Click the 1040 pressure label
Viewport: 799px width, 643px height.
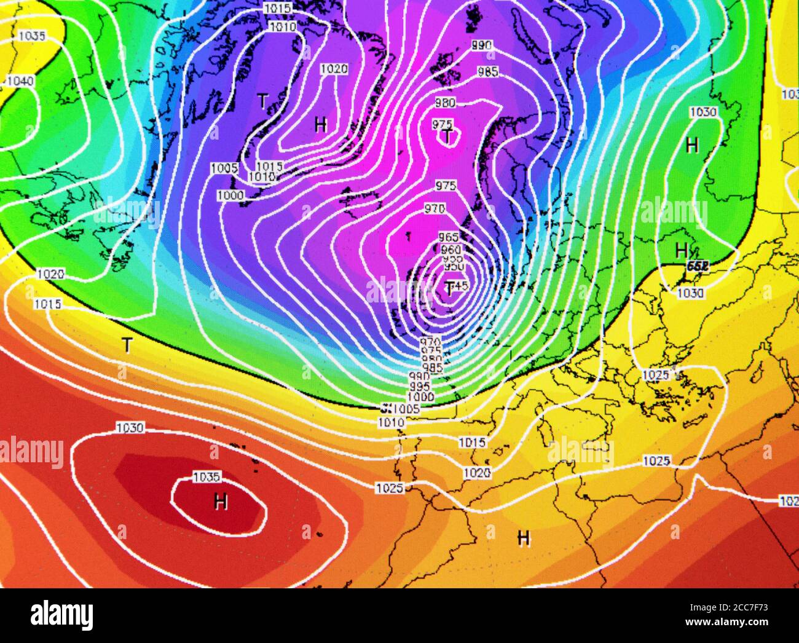coord(20,81)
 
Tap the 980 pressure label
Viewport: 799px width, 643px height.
coord(445,103)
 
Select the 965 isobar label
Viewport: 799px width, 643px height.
coord(449,237)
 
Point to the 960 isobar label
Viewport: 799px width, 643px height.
coord(451,250)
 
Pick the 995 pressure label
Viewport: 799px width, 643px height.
coord(420,386)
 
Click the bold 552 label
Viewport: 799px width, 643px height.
coord(698,266)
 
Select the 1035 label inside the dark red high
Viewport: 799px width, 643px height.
coord(207,476)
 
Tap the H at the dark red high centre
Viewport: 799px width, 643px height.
coord(221,502)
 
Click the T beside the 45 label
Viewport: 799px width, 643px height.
coord(450,288)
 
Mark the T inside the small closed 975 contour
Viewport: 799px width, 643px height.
coord(448,136)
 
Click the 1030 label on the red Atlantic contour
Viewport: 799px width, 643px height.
coord(130,427)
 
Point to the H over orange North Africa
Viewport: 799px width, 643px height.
coord(523,538)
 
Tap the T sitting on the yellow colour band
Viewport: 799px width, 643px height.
coord(127,345)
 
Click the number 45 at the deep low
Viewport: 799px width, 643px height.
coord(462,285)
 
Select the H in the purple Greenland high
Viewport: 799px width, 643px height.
coord(320,125)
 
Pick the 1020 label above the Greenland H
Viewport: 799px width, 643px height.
coord(334,69)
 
